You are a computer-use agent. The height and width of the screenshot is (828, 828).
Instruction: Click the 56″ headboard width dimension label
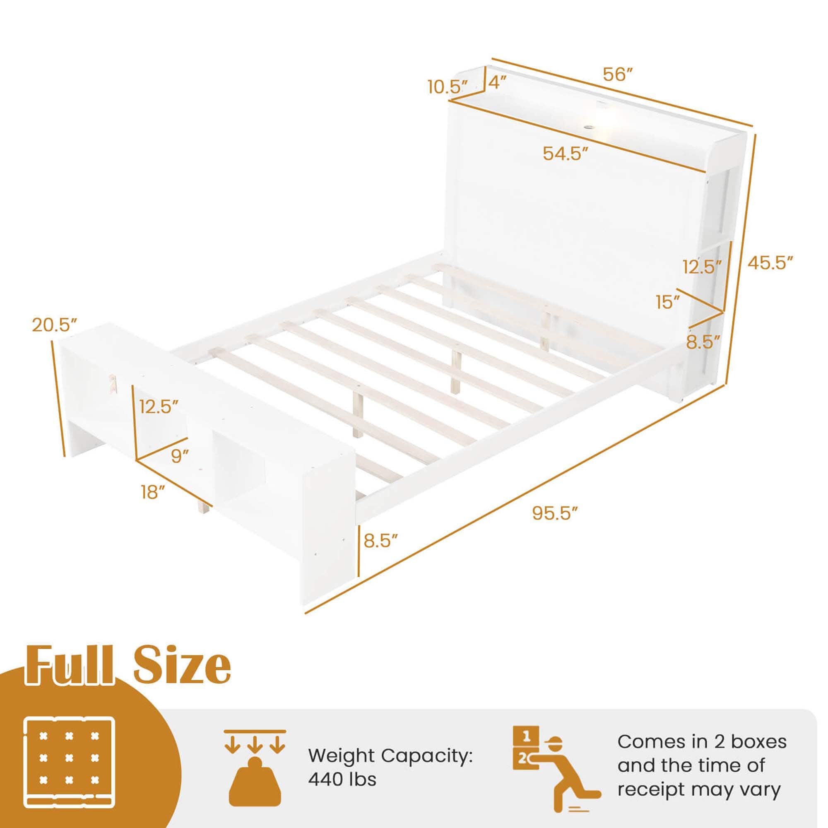(x=618, y=75)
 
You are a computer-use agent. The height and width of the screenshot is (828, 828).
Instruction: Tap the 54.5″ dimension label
(x=566, y=153)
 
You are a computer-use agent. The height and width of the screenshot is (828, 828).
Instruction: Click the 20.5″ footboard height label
(x=55, y=325)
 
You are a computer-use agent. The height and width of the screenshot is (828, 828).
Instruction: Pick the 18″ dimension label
(x=153, y=492)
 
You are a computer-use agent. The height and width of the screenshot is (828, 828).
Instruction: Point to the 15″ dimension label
(x=668, y=303)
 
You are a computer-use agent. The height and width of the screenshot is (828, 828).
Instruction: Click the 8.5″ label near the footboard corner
(x=381, y=541)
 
